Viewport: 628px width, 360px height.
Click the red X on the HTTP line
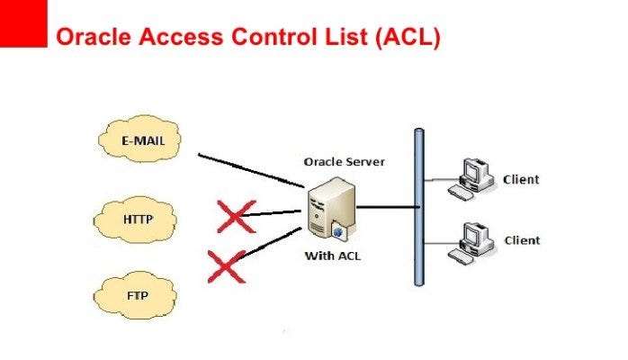tap(236, 215)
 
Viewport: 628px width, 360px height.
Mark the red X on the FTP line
tap(226, 266)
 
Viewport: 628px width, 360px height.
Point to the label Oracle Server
tap(344, 162)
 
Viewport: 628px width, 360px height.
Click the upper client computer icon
tap(473, 175)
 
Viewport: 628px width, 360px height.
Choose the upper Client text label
tap(522, 179)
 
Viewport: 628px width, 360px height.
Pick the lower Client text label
tap(522, 240)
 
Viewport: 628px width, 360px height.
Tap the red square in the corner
tap(22, 22)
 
